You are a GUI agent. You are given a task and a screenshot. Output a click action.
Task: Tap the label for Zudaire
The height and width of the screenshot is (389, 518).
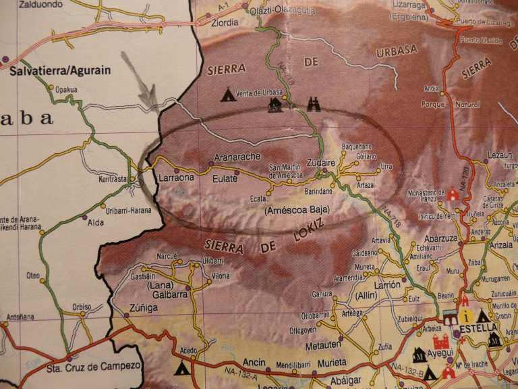(320, 163)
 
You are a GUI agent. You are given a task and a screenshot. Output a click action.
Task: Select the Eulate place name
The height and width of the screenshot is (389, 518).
(225, 178)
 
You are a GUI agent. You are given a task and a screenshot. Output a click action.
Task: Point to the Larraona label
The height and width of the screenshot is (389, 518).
(176, 178)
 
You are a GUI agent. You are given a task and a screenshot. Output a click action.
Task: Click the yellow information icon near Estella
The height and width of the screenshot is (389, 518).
(465, 315)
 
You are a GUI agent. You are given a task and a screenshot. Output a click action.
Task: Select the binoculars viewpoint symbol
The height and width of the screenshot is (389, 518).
(314, 104)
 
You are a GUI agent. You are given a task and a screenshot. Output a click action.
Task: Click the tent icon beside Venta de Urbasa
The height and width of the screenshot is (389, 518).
(229, 95)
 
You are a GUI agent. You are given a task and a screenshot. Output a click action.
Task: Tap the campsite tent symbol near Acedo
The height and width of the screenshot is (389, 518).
(181, 368)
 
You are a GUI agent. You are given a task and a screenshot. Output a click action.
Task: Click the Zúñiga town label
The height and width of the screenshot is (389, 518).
(143, 308)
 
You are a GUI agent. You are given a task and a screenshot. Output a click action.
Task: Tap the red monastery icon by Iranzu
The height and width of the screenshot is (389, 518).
(453, 194)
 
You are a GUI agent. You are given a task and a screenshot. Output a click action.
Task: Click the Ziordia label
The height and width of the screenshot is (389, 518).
(225, 22)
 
